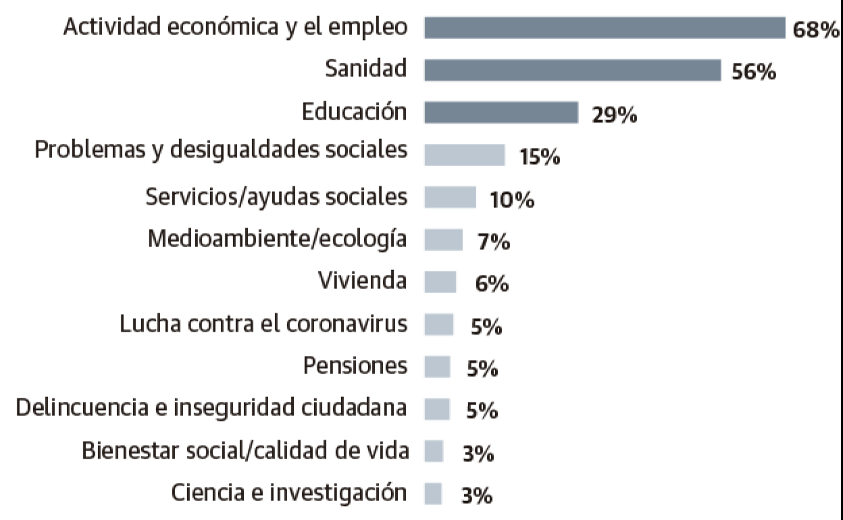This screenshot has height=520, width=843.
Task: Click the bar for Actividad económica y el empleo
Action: coord(604,28)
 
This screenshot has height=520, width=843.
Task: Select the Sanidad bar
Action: coord(572,70)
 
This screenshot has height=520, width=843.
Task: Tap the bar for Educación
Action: coord(501,113)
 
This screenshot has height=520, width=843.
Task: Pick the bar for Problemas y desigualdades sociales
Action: coord(464,155)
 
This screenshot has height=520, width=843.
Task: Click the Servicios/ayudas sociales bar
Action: coord(450,197)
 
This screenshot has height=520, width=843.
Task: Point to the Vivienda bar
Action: coord(440,282)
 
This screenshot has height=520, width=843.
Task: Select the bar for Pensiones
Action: coord(437,367)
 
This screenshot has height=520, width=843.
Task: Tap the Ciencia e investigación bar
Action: coord(433,493)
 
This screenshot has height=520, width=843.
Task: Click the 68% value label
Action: coord(816,31)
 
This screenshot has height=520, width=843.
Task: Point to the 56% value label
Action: coord(754,72)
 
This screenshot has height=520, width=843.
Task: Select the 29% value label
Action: coord(614,115)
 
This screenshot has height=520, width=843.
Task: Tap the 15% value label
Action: coord(540,158)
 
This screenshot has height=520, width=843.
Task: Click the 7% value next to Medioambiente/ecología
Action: coord(493,242)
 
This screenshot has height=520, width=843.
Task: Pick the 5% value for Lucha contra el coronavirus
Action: coord(486,327)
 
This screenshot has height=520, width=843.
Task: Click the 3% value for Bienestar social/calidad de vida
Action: coord(478,454)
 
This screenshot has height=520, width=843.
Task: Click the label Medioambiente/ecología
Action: coord(278,240)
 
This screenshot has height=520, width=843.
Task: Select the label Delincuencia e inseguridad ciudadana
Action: coord(211,408)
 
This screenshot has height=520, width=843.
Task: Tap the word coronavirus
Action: coord(347,324)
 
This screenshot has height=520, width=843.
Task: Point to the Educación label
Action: coord(355,112)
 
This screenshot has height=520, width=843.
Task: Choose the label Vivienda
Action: coord(362,281)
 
